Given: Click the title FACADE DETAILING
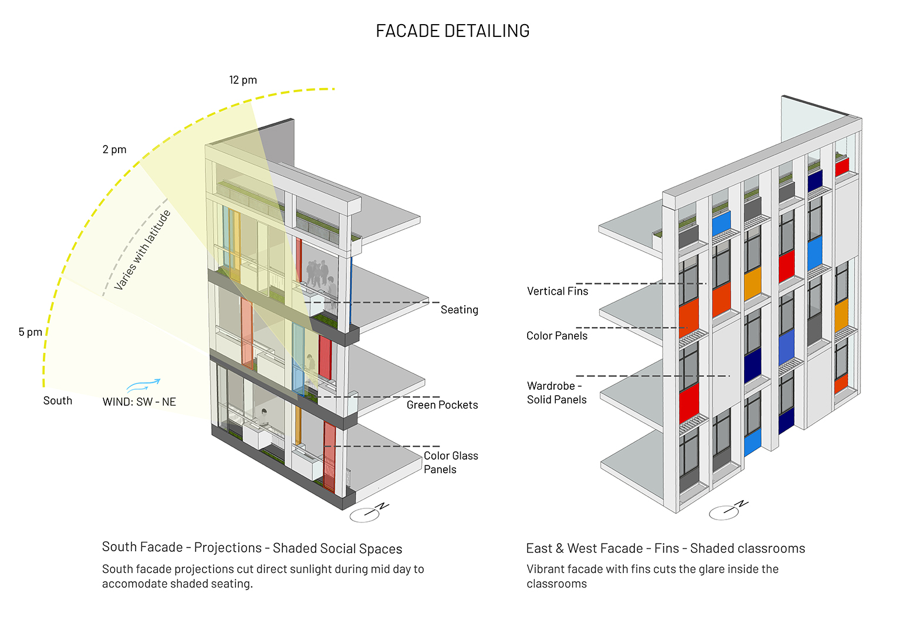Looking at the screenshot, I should pyautogui.click(x=452, y=31).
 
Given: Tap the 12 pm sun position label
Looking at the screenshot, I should pyautogui.click(x=243, y=80).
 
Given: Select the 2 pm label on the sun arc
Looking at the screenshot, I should pyautogui.click(x=114, y=150).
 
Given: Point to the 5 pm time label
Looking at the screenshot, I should pyautogui.click(x=31, y=332).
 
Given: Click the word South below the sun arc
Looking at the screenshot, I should pyautogui.click(x=58, y=401).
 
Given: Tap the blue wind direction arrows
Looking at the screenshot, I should pyautogui.click(x=143, y=385).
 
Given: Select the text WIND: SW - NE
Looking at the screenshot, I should pyautogui.click(x=139, y=402).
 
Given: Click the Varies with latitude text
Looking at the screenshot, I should pyautogui.click(x=143, y=249).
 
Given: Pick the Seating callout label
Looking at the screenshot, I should pyautogui.click(x=459, y=310).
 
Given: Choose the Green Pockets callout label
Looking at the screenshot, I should pyautogui.click(x=442, y=405).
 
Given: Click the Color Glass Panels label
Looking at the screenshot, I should pyautogui.click(x=450, y=463).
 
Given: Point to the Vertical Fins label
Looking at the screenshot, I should pyautogui.click(x=557, y=292).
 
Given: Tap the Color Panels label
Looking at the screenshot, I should pyautogui.click(x=556, y=336).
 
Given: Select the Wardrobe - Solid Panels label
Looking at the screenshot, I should pyautogui.click(x=556, y=393).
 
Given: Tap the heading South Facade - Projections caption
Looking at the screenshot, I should pyautogui.click(x=252, y=548).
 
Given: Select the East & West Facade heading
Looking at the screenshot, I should pyautogui.click(x=665, y=548).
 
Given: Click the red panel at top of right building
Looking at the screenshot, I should pyautogui.click(x=842, y=166).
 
